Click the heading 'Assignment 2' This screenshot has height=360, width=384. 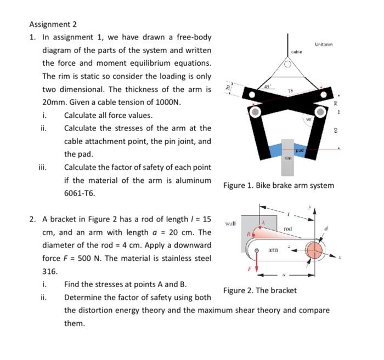53,24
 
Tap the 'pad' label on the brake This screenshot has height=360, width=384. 300,150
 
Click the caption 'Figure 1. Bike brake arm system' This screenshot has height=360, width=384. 278,185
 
